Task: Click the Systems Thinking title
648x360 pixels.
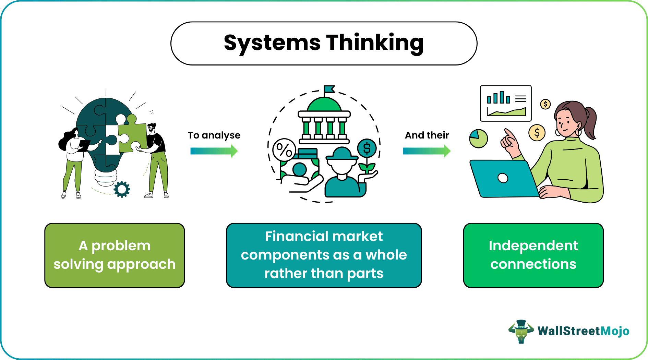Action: (x=324, y=43)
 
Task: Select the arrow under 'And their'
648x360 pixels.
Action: (x=427, y=151)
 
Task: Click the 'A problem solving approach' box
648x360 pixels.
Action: (x=115, y=255)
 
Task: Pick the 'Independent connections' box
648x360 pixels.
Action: (x=533, y=255)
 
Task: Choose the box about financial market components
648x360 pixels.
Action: (x=324, y=255)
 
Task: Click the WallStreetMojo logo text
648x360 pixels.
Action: (x=583, y=331)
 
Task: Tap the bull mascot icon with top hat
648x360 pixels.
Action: (x=521, y=332)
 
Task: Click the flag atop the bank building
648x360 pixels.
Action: (x=329, y=89)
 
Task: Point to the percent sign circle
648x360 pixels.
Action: (x=284, y=150)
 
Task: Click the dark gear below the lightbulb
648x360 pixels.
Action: (x=122, y=189)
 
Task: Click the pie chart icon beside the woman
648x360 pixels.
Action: (x=478, y=139)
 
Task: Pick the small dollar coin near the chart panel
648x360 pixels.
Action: (x=545, y=104)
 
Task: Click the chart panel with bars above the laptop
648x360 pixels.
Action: (x=506, y=104)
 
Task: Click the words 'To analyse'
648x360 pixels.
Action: (x=214, y=135)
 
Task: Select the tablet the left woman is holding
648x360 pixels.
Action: (x=84, y=145)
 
